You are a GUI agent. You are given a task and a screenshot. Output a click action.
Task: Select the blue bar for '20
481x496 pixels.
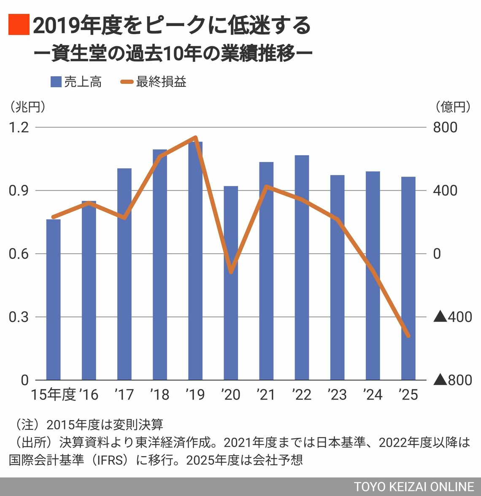point(231,283)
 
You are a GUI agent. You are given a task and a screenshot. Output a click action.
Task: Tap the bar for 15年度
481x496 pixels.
point(53,299)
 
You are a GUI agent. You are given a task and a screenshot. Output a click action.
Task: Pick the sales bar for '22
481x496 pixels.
point(302,267)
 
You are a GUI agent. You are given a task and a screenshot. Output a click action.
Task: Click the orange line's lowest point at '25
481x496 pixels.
point(408,336)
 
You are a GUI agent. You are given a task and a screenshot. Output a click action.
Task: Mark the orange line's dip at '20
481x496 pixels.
point(231,272)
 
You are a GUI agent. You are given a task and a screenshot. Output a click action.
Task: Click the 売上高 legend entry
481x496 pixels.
point(76,81)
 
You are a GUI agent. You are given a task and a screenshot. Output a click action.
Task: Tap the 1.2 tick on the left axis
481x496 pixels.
point(19,127)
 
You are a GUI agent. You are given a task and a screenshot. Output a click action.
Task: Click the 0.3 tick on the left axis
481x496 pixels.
point(19,317)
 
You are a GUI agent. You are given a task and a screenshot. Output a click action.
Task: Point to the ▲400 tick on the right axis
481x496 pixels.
point(453,317)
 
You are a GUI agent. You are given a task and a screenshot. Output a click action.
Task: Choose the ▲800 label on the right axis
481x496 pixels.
point(453,380)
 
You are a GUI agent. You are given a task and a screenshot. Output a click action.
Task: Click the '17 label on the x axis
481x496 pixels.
point(124,395)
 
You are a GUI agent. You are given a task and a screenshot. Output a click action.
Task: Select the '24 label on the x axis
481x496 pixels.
point(372,395)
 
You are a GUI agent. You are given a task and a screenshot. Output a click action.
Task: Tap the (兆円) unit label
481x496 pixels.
point(27,107)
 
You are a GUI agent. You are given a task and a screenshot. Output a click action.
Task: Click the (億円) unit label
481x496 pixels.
point(452,107)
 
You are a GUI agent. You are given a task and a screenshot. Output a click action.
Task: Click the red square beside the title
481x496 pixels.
point(19,24)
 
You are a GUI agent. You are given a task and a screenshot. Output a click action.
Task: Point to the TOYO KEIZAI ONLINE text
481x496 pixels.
point(414,487)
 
